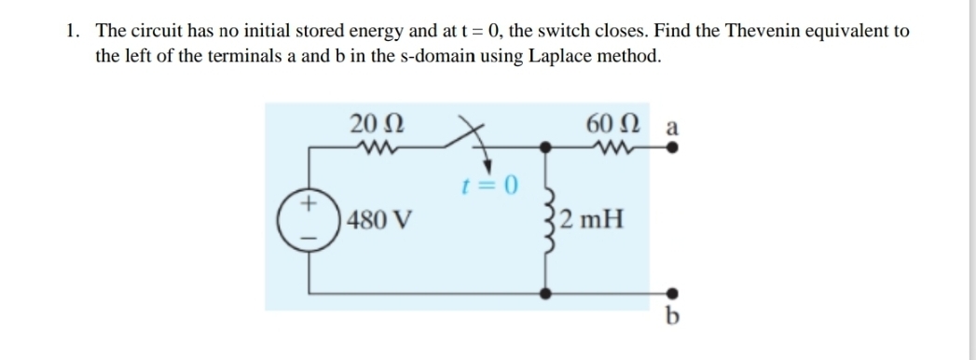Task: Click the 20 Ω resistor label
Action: click(377, 123)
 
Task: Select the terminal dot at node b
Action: click(671, 293)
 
